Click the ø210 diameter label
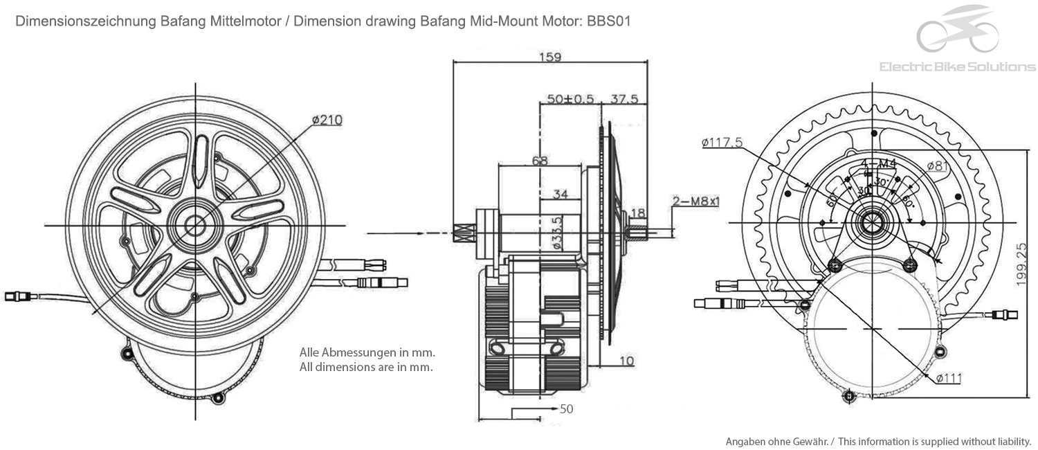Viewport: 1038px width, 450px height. [327, 120]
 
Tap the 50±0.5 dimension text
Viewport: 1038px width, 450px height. [570, 99]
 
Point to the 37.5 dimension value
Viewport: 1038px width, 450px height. [624, 99]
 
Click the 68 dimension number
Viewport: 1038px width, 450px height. [540, 161]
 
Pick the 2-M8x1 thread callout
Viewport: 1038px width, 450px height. [696, 201]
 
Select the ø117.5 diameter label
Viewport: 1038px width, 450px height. [722, 143]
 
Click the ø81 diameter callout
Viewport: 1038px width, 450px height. [937, 165]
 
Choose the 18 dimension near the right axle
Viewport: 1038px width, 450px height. [638, 213]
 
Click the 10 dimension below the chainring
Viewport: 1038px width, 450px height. [626, 361]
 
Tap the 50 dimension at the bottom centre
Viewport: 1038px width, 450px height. [566, 408]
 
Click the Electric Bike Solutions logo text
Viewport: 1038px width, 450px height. [957, 67]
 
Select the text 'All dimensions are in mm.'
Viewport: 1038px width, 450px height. [366, 367]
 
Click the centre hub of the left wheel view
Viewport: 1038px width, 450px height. [196, 223]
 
